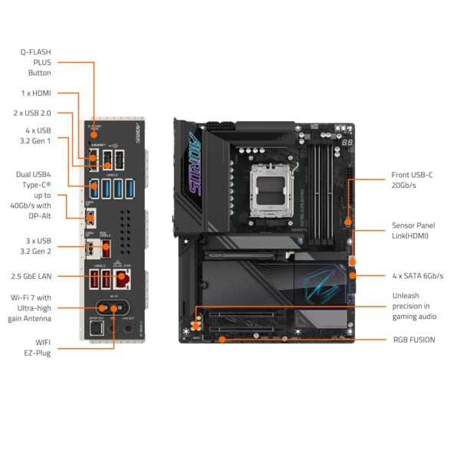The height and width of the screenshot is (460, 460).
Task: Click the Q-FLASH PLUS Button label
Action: coord(35,63)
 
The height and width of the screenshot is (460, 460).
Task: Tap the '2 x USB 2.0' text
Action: coord(31,113)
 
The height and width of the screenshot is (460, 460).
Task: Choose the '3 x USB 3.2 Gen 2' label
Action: coord(35,246)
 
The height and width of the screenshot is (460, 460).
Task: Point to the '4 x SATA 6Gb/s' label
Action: coord(418,275)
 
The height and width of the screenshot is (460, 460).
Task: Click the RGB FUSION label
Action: coord(413,339)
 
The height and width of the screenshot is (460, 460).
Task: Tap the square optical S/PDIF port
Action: coord(96,329)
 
